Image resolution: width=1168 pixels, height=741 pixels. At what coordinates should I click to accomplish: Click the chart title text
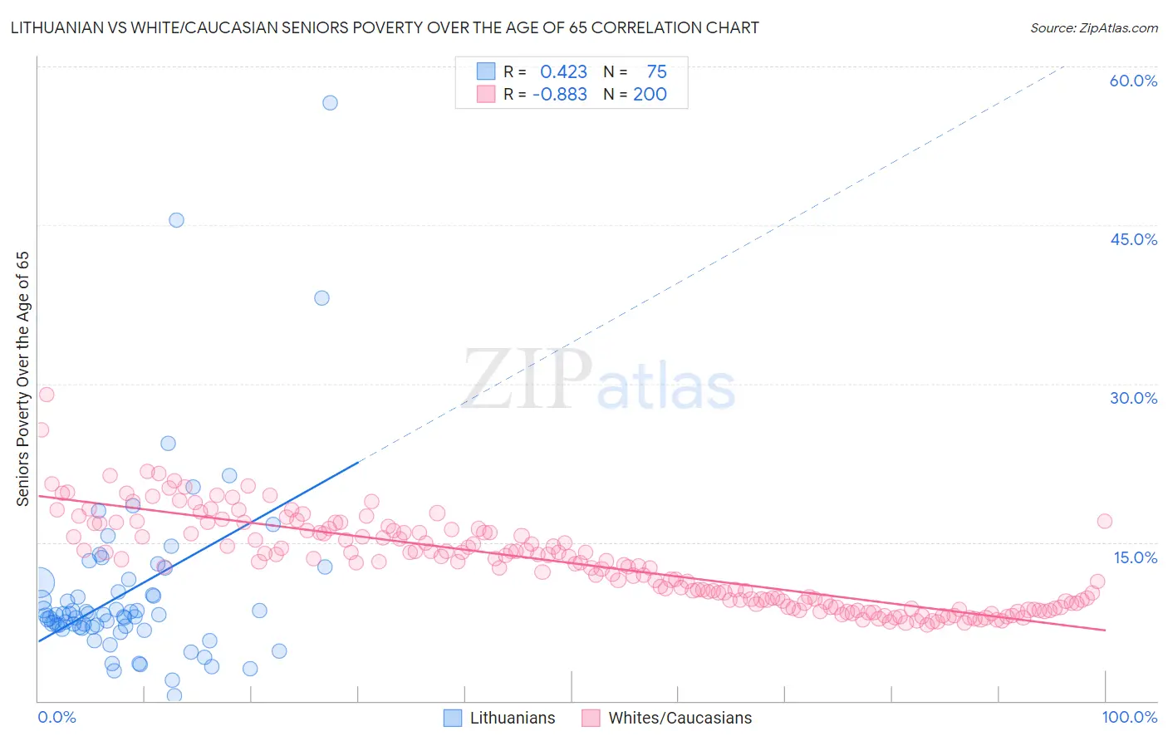pyautogui.click(x=385, y=27)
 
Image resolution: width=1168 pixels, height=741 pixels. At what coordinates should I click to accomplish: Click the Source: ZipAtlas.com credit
pyautogui.click(x=1093, y=27)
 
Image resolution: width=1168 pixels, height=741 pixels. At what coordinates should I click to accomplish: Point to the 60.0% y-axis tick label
pyautogui.click(x=1133, y=81)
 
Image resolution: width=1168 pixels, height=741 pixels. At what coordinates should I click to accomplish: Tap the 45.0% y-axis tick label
pyautogui.click(x=1133, y=239)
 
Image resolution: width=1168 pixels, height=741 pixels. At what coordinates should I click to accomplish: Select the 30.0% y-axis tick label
pyautogui.click(x=1133, y=398)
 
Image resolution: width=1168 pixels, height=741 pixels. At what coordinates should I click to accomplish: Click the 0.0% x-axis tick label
pyautogui.click(x=56, y=717)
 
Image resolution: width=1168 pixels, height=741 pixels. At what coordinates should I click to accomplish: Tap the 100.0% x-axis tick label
pyautogui.click(x=1129, y=717)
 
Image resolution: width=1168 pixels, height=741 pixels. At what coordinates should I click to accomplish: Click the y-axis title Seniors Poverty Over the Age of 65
pyautogui.click(x=23, y=379)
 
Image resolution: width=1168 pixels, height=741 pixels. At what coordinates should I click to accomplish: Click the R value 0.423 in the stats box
pyautogui.click(x=563, y=71)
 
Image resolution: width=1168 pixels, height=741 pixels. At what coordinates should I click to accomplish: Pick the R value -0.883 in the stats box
pyautogui.click(x=560, y=94)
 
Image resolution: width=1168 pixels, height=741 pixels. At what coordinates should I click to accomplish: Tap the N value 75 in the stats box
pyautogui.click(x=656, y=71)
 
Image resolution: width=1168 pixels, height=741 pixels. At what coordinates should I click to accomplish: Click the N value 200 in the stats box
pyautogui.click(x=650, y=94)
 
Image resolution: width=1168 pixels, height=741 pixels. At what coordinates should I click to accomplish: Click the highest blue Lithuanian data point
pyautogui.click(x=330, y=103)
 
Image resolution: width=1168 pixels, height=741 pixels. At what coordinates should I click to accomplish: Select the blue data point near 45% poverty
pyautogui.click(x=176, y=220)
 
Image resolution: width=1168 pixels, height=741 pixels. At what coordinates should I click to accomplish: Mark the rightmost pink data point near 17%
pyautogui.click(x=1104, y=521)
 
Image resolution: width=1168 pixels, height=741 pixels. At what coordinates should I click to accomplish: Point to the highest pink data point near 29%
pyautogui.click(x=47, y=395)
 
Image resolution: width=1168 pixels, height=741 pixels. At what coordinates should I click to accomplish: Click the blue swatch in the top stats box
pyautogui.click(x=485, y=71)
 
